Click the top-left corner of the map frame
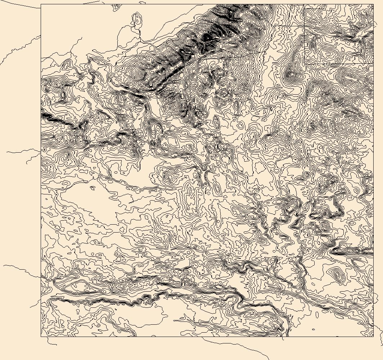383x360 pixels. (x=41, y=4)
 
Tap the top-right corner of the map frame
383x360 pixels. (x=373, y=4)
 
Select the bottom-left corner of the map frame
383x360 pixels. (x=41, y=337)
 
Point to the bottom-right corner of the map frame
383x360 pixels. (x=373, y=337)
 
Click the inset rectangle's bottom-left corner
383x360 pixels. (x=305, y=64)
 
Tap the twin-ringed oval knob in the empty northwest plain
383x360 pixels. (x=137, y=19)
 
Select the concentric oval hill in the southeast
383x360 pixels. (x=337, y=275)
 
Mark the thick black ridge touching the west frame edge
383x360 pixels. (x=47, y=116)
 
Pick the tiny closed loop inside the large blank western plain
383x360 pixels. (x=93, y=188)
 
